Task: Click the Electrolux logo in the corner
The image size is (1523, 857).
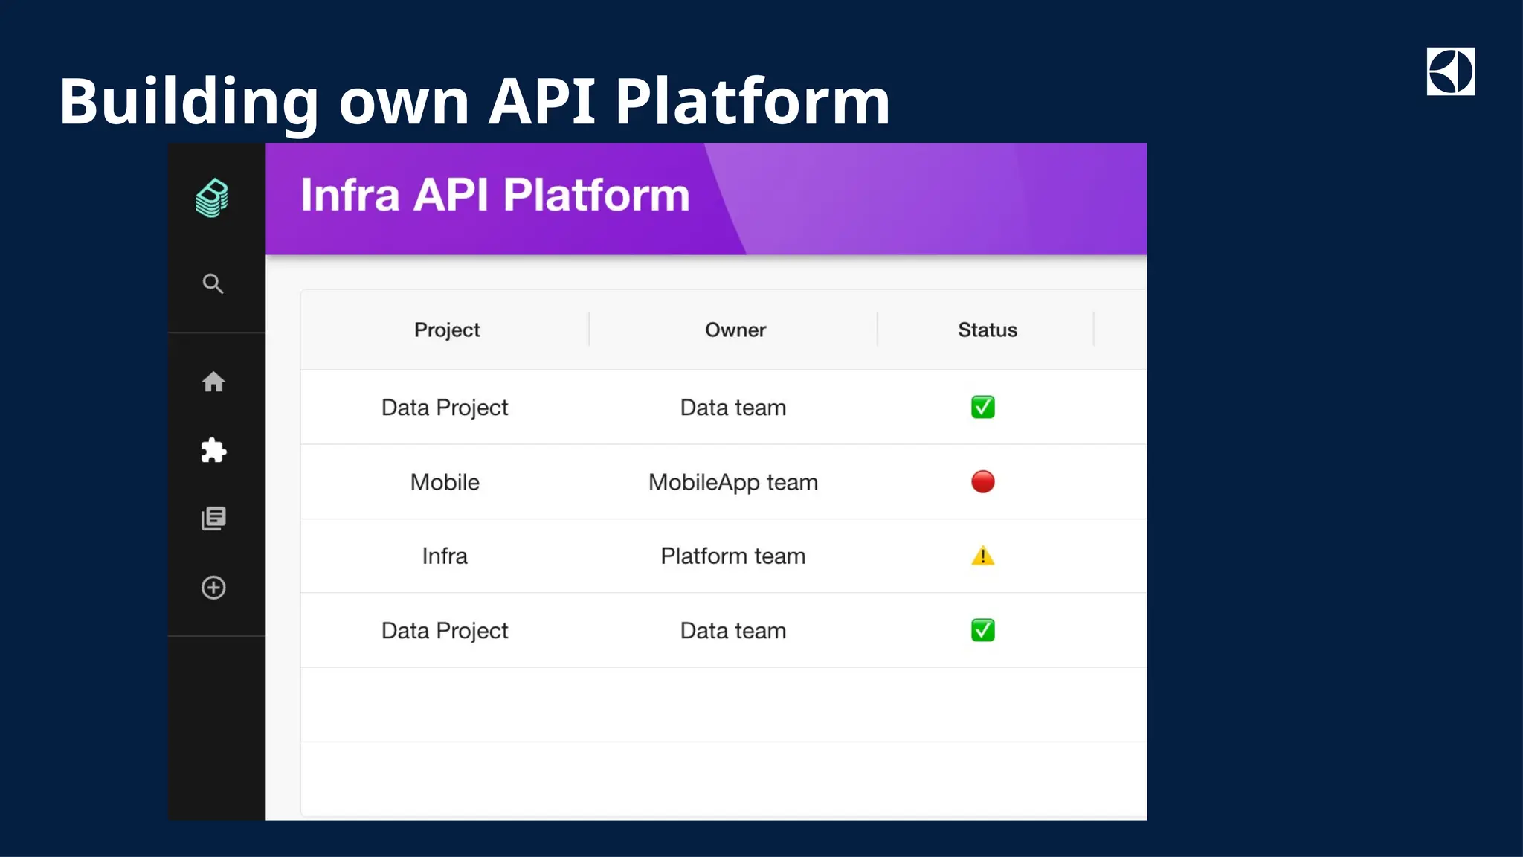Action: tap(1450, 71)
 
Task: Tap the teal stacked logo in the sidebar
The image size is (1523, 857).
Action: tap(213, 198)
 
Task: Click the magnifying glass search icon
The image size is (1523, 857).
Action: tap(213, 283)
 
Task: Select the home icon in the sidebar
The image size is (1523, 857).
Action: tap(213, 382)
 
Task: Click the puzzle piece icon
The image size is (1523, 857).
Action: tap(213, 450)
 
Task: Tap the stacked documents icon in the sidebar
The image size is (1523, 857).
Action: tap(213, 519)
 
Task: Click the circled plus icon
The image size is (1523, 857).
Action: tap(213, 588)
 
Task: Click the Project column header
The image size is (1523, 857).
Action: tap(446, 330)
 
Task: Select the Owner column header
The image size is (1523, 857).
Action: tap(735, 330)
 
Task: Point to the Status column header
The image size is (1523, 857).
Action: tap(987, 330)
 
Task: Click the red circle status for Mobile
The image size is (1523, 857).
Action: tap(982, 481)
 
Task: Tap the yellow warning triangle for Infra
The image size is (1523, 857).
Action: tap(982, 556)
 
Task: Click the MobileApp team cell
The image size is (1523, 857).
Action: tap(732, 482)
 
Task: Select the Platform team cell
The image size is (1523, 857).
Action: tap(732, 556)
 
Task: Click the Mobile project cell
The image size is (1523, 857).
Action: tap(445, 482)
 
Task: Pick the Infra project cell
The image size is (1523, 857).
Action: tap(445, 556)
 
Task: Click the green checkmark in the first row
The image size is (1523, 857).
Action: tap(982, 407)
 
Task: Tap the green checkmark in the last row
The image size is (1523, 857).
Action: tap(982, 630)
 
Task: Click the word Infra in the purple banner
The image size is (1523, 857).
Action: tap(350, 195)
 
